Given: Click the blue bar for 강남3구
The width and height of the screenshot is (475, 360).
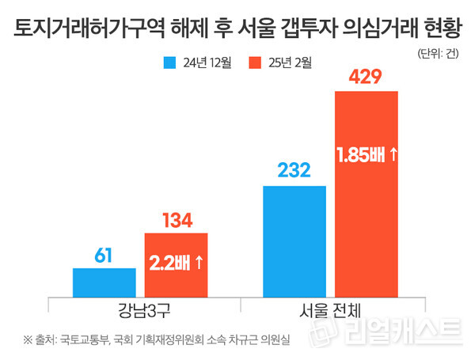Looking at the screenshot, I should click(x=104, y=281).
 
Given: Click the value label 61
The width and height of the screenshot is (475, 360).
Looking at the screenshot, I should click(x=104, y=256).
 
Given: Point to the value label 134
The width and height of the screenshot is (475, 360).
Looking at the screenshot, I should click(x=176, y=220).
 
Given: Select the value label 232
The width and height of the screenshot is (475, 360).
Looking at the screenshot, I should click(x=294, y=172).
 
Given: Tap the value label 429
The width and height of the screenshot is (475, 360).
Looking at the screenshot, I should click(x=366, y=78).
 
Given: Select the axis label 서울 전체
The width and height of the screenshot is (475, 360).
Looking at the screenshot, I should click(x=329, y=308).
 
